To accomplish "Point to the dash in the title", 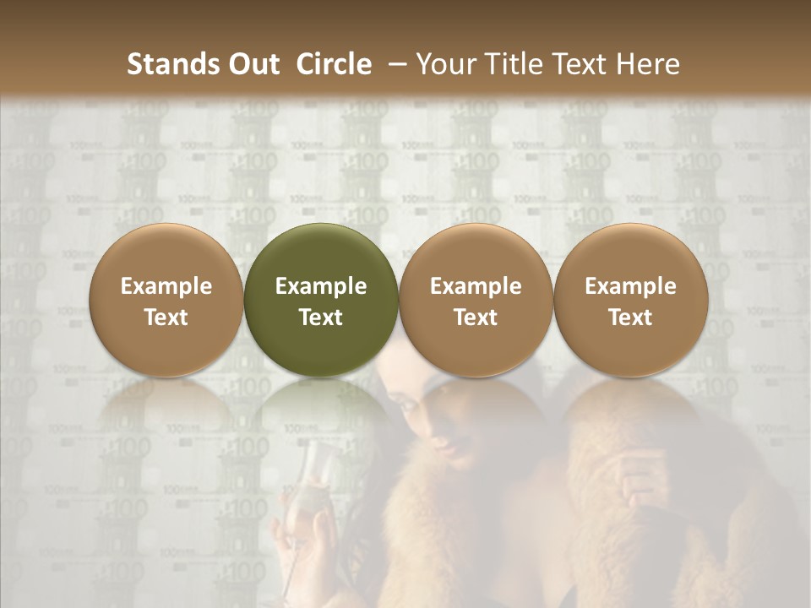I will tap(398, 64).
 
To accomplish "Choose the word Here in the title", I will tap(652, 64).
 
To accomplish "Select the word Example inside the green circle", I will tap(321, 286).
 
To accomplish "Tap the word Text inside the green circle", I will tap(321, 318).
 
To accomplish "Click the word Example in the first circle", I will tap(166, 286).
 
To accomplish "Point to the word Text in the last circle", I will tap(631, 318).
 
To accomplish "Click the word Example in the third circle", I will tap(476, 286).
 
